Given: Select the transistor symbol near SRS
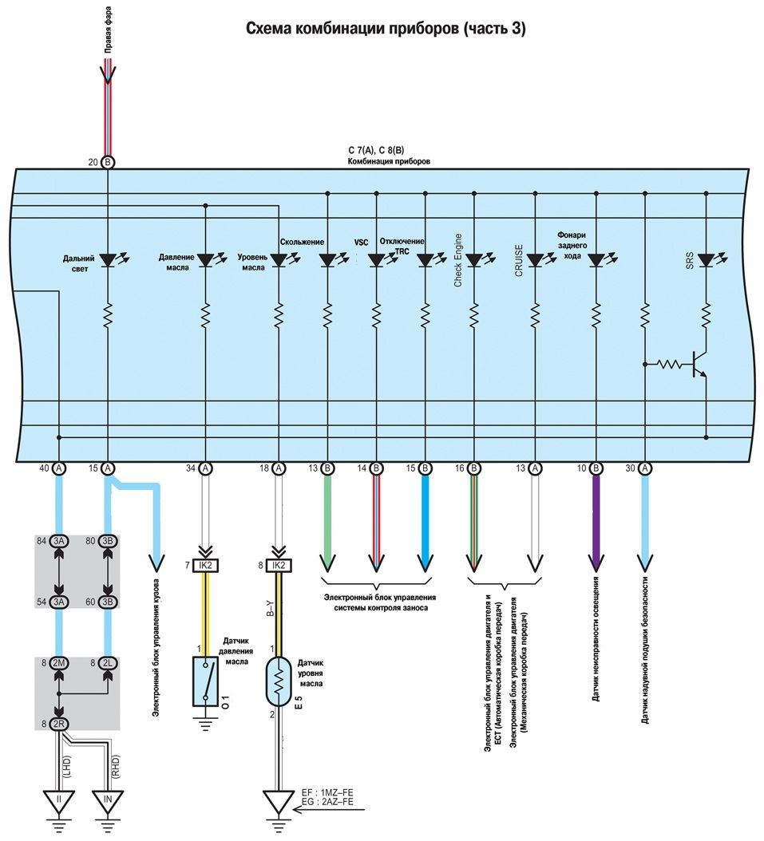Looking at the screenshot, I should [698, 363].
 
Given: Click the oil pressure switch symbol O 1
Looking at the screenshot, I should [206, 681].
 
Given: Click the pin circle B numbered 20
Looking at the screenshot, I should [109, 162].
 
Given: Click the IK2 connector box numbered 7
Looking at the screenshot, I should [206, 566].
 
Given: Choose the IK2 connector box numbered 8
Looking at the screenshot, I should [279, 566].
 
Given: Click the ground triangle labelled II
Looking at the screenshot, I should [58, 799].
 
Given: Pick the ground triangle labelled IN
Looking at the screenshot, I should [109, 799].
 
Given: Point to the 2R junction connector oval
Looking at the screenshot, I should [58, 724].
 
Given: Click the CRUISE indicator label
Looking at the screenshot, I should [518, 261].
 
